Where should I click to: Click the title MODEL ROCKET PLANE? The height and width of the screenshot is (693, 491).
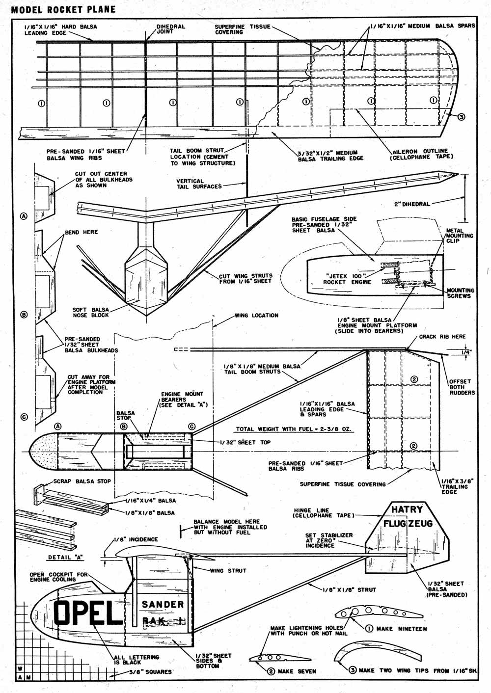[x=63, y=10]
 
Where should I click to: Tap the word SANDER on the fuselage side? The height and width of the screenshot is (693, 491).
[x=163, y=604]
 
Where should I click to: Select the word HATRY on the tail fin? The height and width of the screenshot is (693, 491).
[x=407, y=509]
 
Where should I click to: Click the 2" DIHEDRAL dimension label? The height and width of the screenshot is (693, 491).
[x=412, y=204]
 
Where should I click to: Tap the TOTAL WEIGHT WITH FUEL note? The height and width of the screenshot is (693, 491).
[x=295, y=429]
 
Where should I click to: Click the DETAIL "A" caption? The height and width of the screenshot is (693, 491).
[x=66, y=557]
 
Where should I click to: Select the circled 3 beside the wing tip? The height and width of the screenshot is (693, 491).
[x=461, y=117]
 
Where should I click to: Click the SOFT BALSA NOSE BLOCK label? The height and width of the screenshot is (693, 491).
[x=91, y=312]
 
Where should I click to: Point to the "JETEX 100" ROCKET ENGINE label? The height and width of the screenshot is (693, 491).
[x=347, y=279]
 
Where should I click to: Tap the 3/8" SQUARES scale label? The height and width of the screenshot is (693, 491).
[x=150, y=672]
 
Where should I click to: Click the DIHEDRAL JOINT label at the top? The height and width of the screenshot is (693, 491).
[x=170, y=29]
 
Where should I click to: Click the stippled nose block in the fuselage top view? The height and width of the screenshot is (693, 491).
[x=43, y=452]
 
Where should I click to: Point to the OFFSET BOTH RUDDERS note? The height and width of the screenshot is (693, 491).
[x=462, y=387]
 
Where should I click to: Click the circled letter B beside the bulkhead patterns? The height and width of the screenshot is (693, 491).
[x=24, y=315]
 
